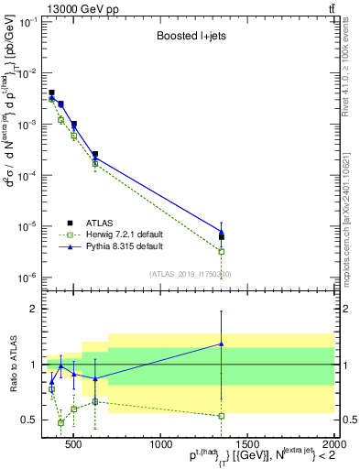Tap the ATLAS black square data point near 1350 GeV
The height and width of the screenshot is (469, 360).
[221, 236]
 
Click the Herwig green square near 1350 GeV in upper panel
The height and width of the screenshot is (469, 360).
[221, 251]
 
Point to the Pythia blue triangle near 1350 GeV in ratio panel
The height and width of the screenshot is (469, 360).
[221, 344]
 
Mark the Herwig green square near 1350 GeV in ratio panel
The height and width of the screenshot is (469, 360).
[221, 415]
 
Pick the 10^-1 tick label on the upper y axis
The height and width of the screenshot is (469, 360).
[30, 22]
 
